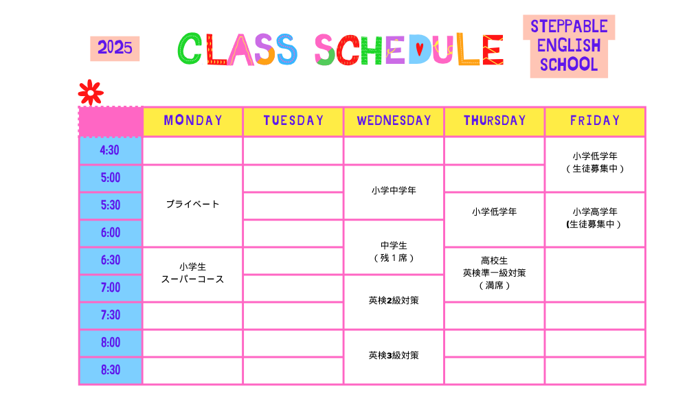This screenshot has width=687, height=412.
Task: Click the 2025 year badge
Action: coord(115,49)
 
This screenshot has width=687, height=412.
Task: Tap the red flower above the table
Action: coord(91,93)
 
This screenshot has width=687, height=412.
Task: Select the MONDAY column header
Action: coord(193,121)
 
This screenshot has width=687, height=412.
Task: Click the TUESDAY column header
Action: coord(293,121)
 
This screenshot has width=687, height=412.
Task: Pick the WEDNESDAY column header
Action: coord(394,121)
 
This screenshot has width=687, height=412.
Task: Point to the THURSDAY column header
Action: coord(494,121)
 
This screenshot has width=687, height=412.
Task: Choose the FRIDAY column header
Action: coord(595,121)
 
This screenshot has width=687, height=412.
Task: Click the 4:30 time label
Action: coord(110,150)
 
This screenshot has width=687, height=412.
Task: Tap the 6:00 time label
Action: coord(110,233)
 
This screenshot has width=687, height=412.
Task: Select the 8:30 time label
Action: coord(110,370)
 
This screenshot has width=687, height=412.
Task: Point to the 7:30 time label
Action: coord(110,315)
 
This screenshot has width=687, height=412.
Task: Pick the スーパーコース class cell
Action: coord(193,274)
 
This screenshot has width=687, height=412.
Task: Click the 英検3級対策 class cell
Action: coord(394,356)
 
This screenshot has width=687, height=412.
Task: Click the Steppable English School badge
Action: coord(569,46)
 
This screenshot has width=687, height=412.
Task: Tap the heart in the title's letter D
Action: coord(419,49)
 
